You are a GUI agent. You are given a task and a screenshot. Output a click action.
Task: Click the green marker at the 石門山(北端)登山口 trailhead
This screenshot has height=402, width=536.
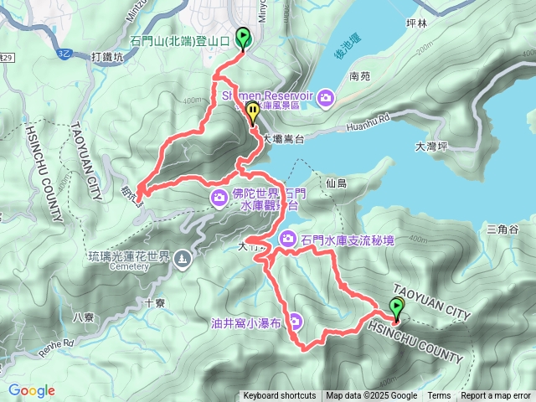tap(244, 38)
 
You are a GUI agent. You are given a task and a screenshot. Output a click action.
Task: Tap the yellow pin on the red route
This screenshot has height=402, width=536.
tap(252, 114)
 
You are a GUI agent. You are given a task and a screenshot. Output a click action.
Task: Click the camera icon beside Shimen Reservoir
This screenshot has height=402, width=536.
tap(326, 99)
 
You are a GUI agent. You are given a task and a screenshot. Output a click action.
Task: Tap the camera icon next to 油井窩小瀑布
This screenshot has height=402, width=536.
tap(296, 321)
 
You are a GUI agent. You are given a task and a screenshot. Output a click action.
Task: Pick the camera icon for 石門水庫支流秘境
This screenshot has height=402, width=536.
tap(288, 240)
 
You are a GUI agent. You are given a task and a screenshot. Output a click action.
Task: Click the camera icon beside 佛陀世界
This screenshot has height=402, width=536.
tap(219, 198)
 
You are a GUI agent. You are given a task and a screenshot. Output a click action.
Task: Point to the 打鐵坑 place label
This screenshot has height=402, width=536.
tap(106, 57)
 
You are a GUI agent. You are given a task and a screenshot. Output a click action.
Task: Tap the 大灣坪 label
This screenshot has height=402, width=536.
tap(431, 147)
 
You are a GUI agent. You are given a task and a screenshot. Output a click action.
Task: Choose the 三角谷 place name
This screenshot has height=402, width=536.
tap(502, 229)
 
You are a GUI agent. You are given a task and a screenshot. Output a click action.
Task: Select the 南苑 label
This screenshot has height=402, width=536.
tap(360, 75)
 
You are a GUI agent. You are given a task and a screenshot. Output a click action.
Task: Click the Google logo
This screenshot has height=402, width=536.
tap(32, 390)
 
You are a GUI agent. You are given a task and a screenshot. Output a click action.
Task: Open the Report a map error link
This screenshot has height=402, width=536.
tap(497, 396)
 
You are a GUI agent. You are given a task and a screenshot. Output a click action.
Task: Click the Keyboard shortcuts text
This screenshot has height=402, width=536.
tap(281, 396)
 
